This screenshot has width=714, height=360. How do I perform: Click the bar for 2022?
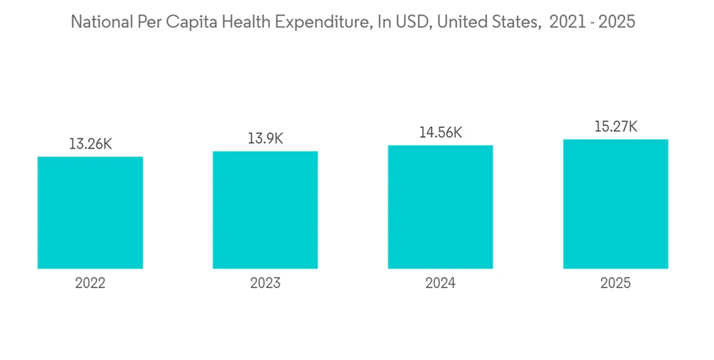coord(90,213)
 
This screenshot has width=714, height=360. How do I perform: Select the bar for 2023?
coord(265,210)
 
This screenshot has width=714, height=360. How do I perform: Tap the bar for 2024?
coord(441,207)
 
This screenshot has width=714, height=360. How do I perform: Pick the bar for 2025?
coord(615,204)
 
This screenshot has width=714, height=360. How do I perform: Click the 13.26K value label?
coord(90,144)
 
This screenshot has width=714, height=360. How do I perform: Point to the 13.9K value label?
coord(265,139)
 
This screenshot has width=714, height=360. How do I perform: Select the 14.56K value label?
coord(441,132)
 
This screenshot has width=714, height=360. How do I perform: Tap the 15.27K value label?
coord(615,126)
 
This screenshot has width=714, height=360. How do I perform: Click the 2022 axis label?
coord(90,284)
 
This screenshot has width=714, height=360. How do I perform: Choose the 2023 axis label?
coord(265,284)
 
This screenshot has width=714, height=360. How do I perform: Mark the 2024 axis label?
coord(441,284)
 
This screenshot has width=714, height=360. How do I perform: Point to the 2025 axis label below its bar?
coord(615,284)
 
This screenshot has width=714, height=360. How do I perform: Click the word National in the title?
coord(100,22)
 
